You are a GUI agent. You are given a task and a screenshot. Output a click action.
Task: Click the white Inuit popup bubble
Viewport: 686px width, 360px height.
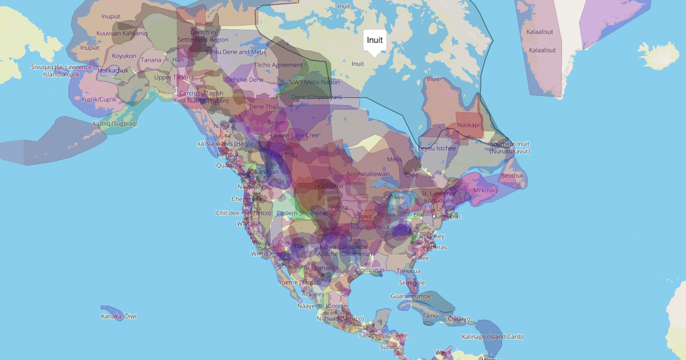pyautogui.click(x=375, y=41)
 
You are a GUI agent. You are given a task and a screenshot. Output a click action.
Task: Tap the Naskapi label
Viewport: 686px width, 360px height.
pyautogui.click(x=468, y=125)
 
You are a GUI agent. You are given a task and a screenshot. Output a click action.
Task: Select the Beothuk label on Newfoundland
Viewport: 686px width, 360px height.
pyautogui.click(x=512, y=175)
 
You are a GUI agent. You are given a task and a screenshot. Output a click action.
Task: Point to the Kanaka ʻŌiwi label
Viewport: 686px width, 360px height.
pyautogui.click(x=119, y=316)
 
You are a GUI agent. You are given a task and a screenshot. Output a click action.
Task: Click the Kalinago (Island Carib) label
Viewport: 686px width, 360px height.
pyautogui.click(x=493, y=337)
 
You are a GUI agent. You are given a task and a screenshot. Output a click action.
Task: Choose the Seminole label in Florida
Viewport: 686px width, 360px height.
pyautogui.click(x=412, y=283)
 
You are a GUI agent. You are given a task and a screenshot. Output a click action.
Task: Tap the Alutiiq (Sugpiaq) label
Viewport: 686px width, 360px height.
pyautogui.click(x=115, y=123)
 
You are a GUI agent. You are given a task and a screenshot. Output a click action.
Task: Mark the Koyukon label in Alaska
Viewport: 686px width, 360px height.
pyautogui.click(x=124, y=56)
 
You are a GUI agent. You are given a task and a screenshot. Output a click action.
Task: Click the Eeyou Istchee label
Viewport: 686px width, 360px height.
pyautogui.click(x=437, y=148)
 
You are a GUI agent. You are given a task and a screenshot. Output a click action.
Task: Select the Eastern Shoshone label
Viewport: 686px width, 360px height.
pyautogui.click(x=302, y=213)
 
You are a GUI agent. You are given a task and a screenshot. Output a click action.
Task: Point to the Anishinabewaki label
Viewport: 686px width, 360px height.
pyautogui.click(x=368, y=173)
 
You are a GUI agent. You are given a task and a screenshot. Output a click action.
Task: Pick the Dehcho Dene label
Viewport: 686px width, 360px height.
pyautogui.click(x=245, y=80)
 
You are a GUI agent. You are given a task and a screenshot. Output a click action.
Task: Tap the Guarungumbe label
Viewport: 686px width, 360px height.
pyautogui.click(x=410, y=296)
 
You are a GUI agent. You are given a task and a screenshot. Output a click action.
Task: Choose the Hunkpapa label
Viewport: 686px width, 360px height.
pyautogui.click(x=328, y=186)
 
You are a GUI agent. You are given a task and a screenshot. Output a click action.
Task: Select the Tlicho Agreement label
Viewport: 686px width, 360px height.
pyautogui.click(x=278, y=65)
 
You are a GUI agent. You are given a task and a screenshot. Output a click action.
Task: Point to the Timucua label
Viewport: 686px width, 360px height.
pyautogui.click(x=408, y=271)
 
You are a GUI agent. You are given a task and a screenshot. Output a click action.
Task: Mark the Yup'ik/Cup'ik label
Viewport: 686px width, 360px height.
pyautogui.click(x=99, y=99)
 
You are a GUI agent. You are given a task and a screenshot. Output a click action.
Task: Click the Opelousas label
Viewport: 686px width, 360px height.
pyautogui.click(x=370, y=270)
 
